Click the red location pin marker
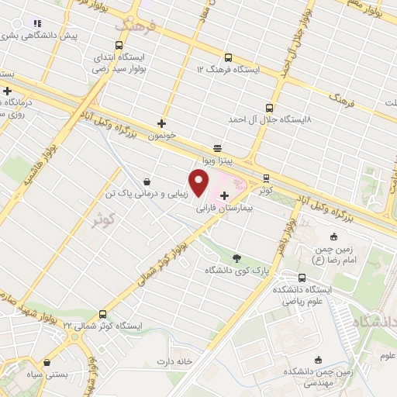point(199,184)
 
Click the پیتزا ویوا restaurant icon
point(217,147)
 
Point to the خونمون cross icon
point(161,123)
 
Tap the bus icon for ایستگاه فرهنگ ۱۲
point(228,57)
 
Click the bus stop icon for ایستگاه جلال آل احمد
point(269,109)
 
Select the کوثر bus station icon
point(266,178)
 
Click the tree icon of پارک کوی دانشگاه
point(236,258)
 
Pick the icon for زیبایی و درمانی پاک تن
point(147,183)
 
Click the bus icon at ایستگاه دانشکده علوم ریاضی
point(302,278)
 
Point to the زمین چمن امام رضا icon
point(334,236)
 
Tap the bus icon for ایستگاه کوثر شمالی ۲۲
point(75,325)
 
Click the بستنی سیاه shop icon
point(47,361)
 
